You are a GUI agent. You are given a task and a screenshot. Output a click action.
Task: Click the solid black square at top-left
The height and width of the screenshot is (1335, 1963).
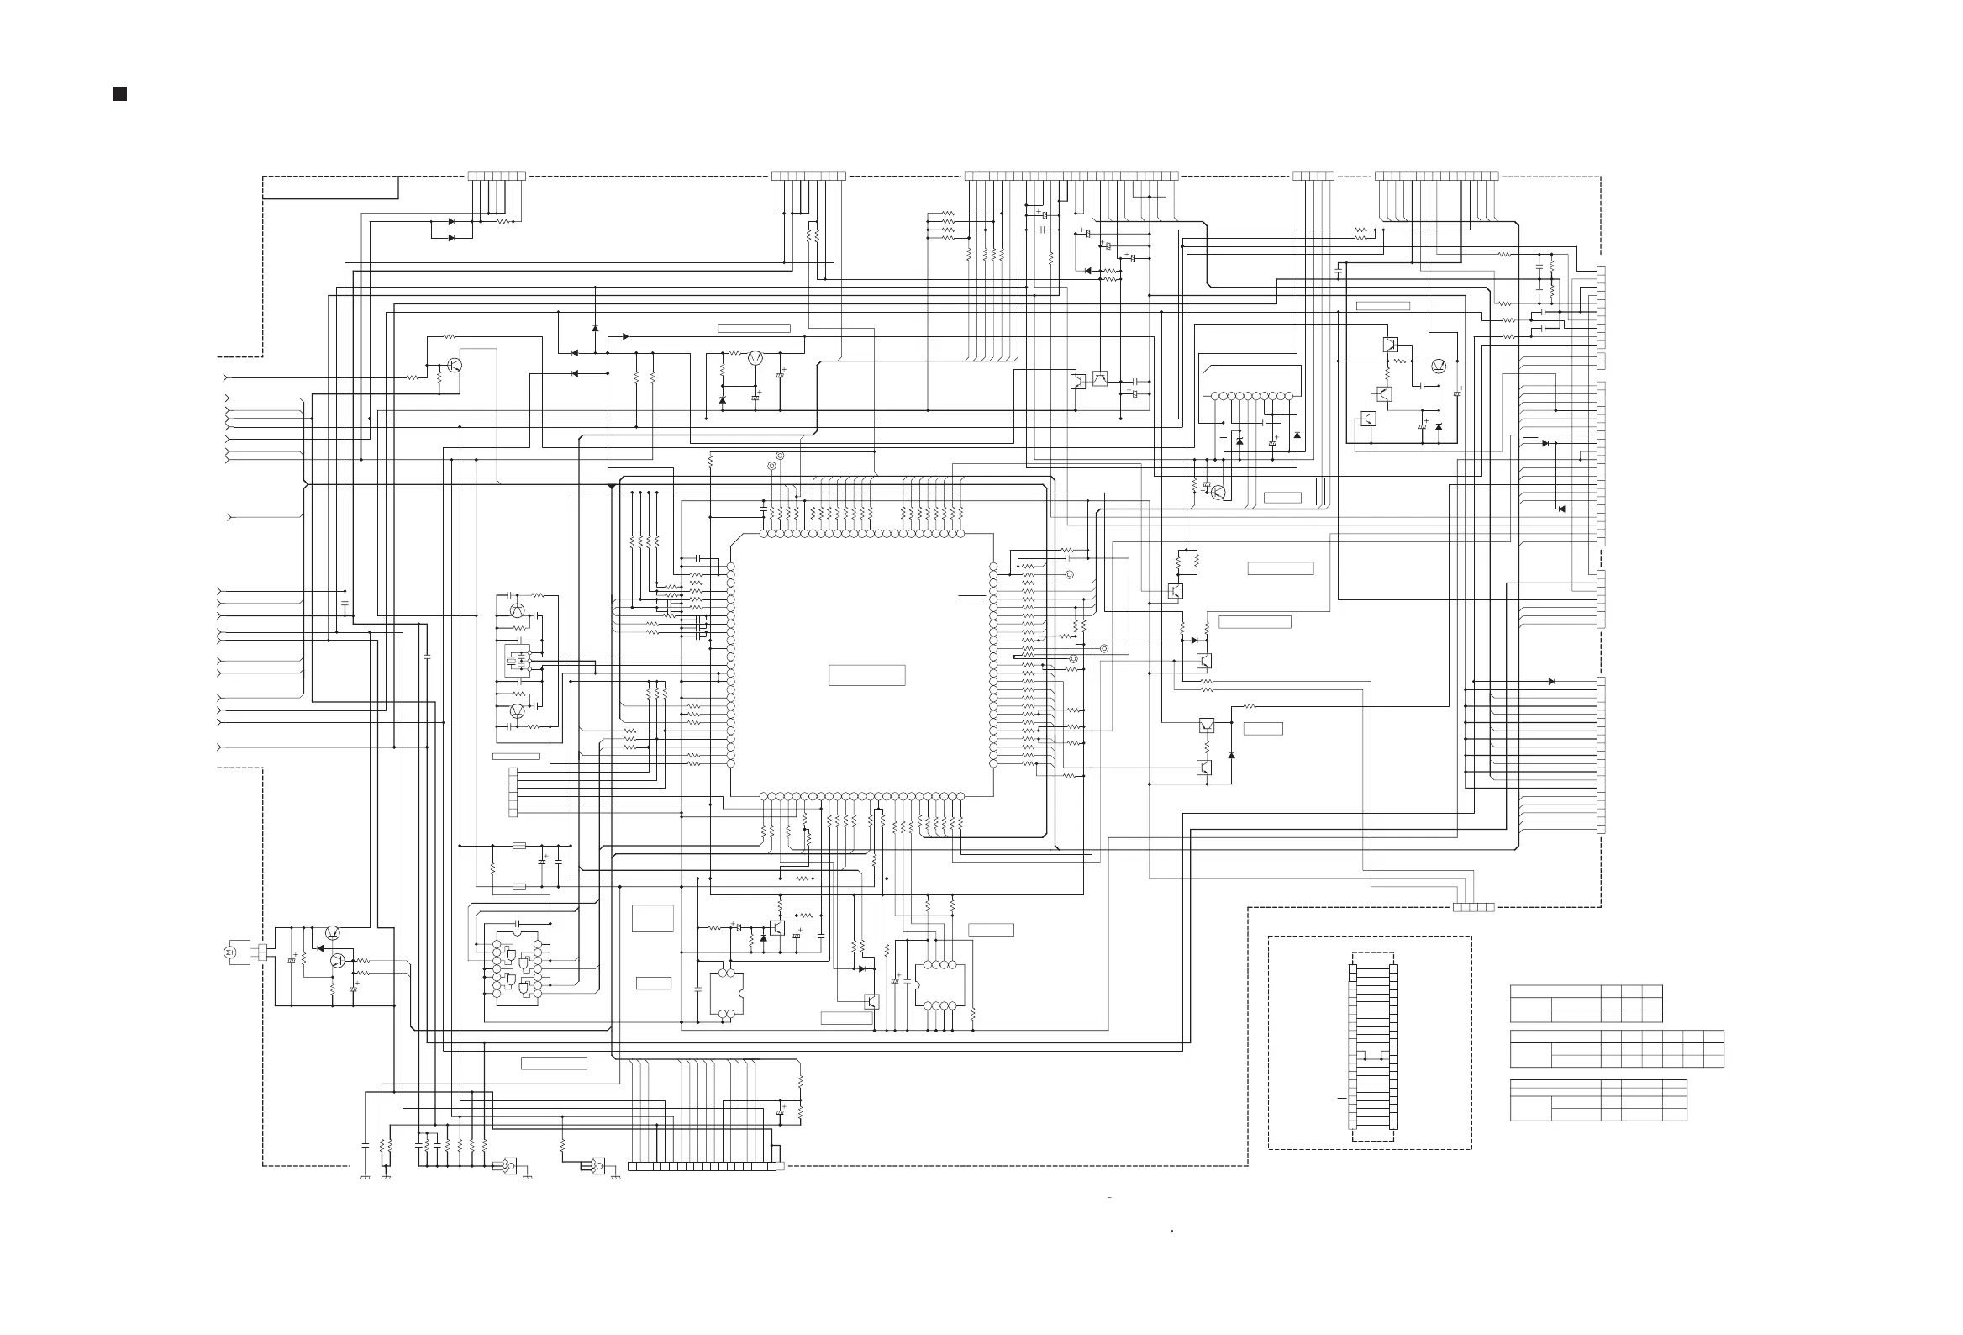[119, 93]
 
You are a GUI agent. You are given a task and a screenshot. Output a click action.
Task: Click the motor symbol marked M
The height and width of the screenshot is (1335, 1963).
[229, 952]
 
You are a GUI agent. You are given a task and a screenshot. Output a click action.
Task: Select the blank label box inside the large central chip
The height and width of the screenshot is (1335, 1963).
[866, 675]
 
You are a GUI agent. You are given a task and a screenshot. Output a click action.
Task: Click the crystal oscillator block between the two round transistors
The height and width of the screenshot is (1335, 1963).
[517, 661]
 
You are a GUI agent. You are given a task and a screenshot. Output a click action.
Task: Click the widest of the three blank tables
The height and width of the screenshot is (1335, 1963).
[1616, 1048]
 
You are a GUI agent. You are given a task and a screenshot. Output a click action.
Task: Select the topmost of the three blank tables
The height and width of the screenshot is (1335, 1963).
[1586, 1003]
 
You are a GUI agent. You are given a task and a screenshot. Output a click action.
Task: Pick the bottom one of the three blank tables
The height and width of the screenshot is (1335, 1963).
[1597, 1100]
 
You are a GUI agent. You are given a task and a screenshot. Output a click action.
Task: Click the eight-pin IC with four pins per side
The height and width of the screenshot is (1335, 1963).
[939, 985]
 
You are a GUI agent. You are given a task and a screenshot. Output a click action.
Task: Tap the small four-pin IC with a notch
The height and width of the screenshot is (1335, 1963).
[726, 994]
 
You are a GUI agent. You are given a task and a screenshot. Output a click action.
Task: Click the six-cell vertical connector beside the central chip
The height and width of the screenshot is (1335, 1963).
[513, 792]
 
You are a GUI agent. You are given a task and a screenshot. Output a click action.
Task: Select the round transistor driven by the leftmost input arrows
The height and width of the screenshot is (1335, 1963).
[455, 365]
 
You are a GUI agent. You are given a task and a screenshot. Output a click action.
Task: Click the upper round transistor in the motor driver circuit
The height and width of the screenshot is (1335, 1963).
[333, 933]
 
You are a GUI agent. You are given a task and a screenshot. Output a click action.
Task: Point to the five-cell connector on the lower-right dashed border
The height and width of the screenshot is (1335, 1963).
[1473, 907]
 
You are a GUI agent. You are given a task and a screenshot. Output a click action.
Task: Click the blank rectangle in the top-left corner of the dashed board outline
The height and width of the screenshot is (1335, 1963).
[330, 187]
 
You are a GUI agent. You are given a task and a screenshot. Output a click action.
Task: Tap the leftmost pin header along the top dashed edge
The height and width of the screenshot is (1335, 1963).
[497, 177]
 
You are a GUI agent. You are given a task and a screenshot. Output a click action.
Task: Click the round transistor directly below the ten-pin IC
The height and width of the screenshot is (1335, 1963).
[1217, 493]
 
